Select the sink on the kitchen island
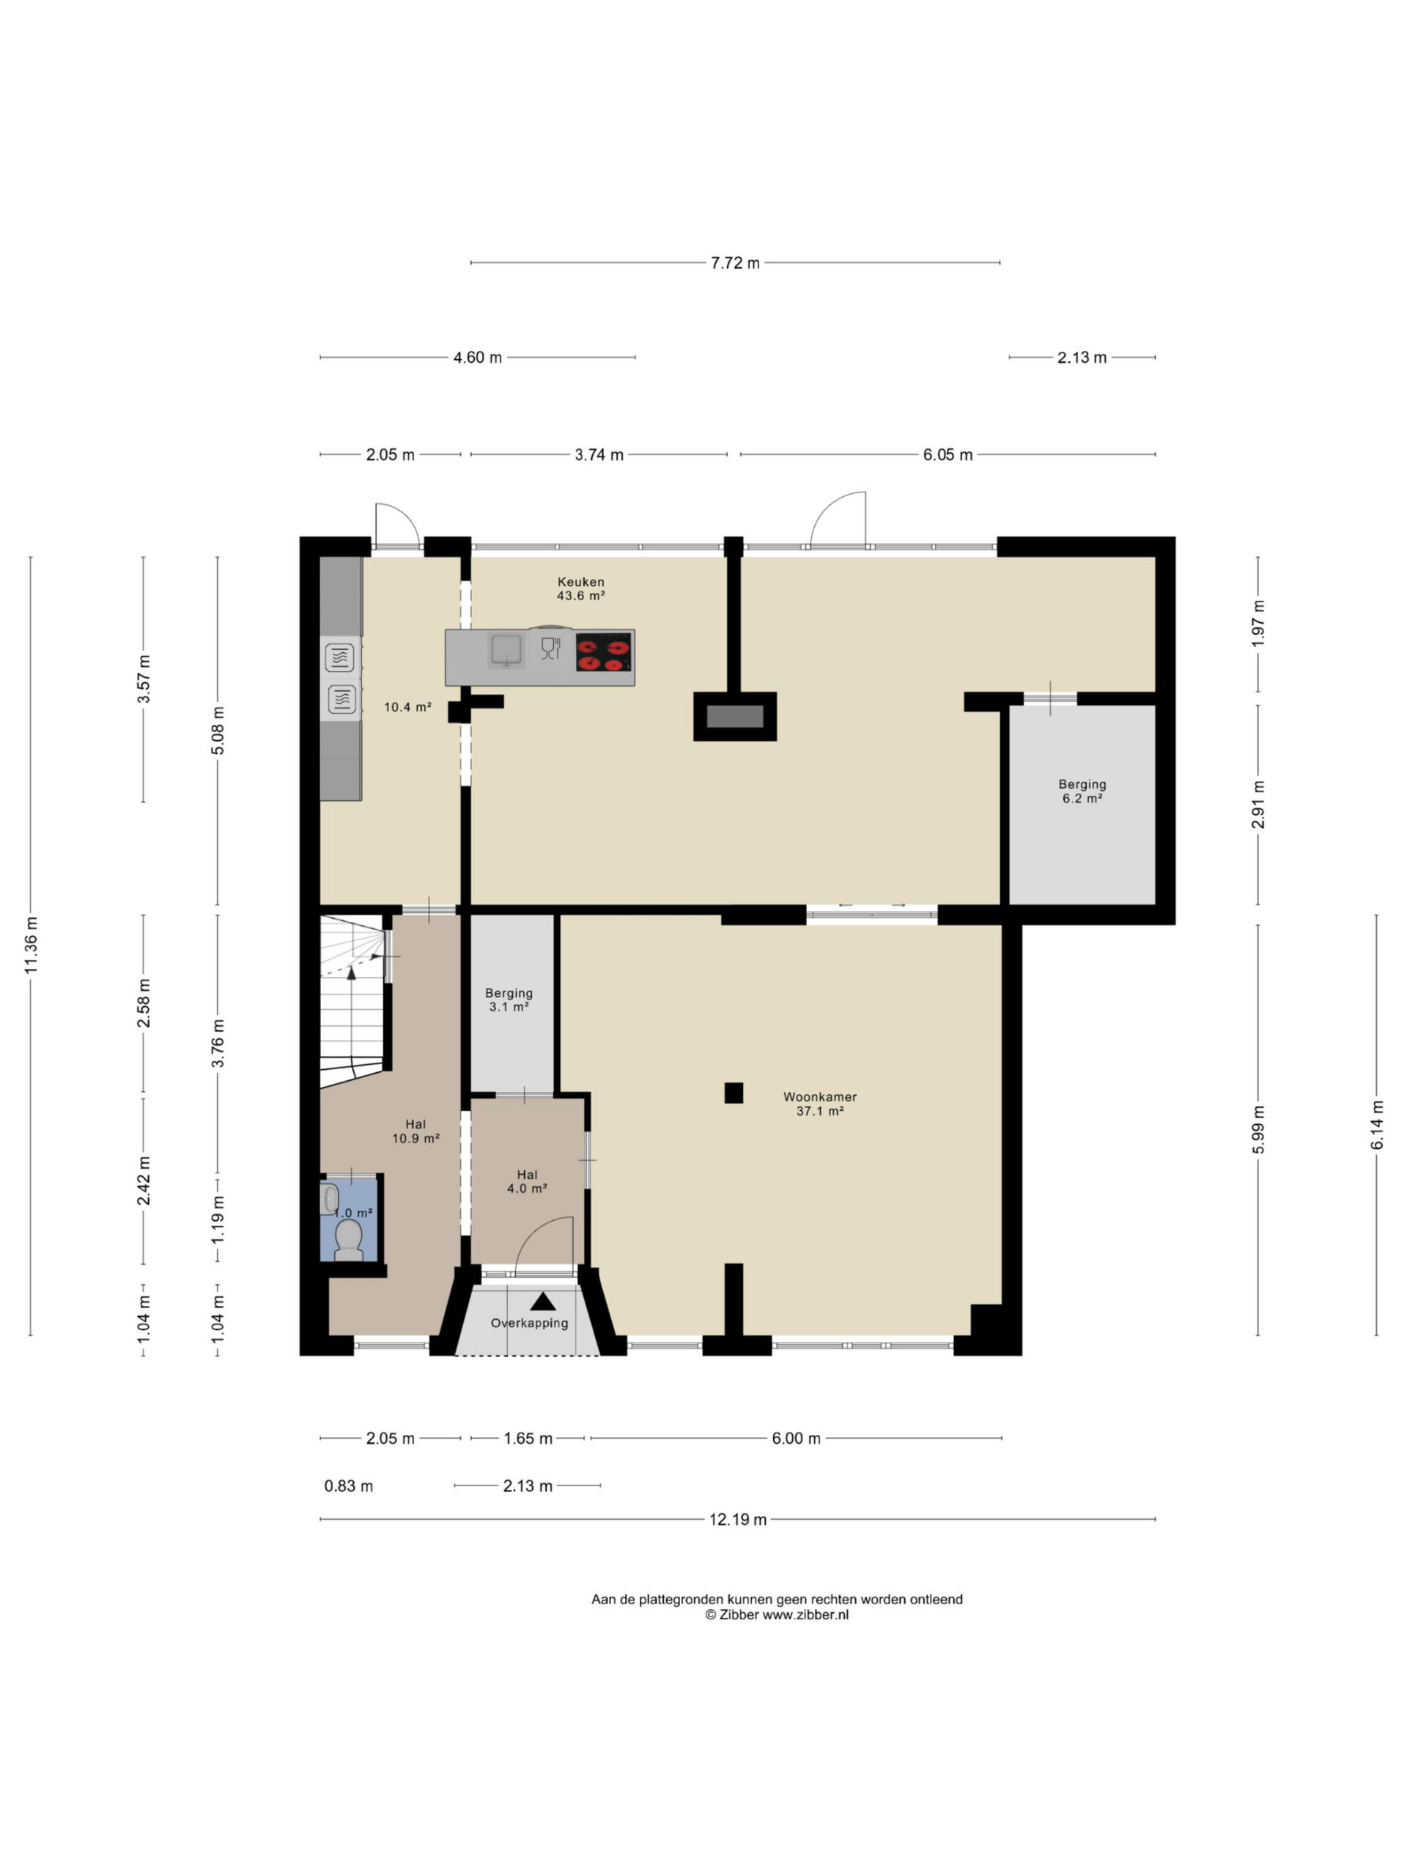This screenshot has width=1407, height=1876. coord(506,651)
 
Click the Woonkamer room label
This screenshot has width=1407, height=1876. coord(819,1104)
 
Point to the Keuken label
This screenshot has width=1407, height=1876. coord(580,588)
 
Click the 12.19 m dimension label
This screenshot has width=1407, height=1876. coord(737,1519)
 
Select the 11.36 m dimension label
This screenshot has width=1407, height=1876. coord(31,945)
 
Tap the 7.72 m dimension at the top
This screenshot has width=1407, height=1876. coord(734,263)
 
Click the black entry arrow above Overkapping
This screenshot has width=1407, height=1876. coord(543,1301)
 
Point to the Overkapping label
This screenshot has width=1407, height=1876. coord(529,1323)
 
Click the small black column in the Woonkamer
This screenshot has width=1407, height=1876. coord(734,1093)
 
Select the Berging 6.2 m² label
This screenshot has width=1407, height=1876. coord(1082,791)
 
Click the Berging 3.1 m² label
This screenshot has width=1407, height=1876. coord(509,1000)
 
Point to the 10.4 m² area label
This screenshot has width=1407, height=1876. coord(408,706)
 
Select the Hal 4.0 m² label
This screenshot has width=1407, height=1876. coord(527,1181)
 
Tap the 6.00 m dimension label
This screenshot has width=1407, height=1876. coord(796,1439)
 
